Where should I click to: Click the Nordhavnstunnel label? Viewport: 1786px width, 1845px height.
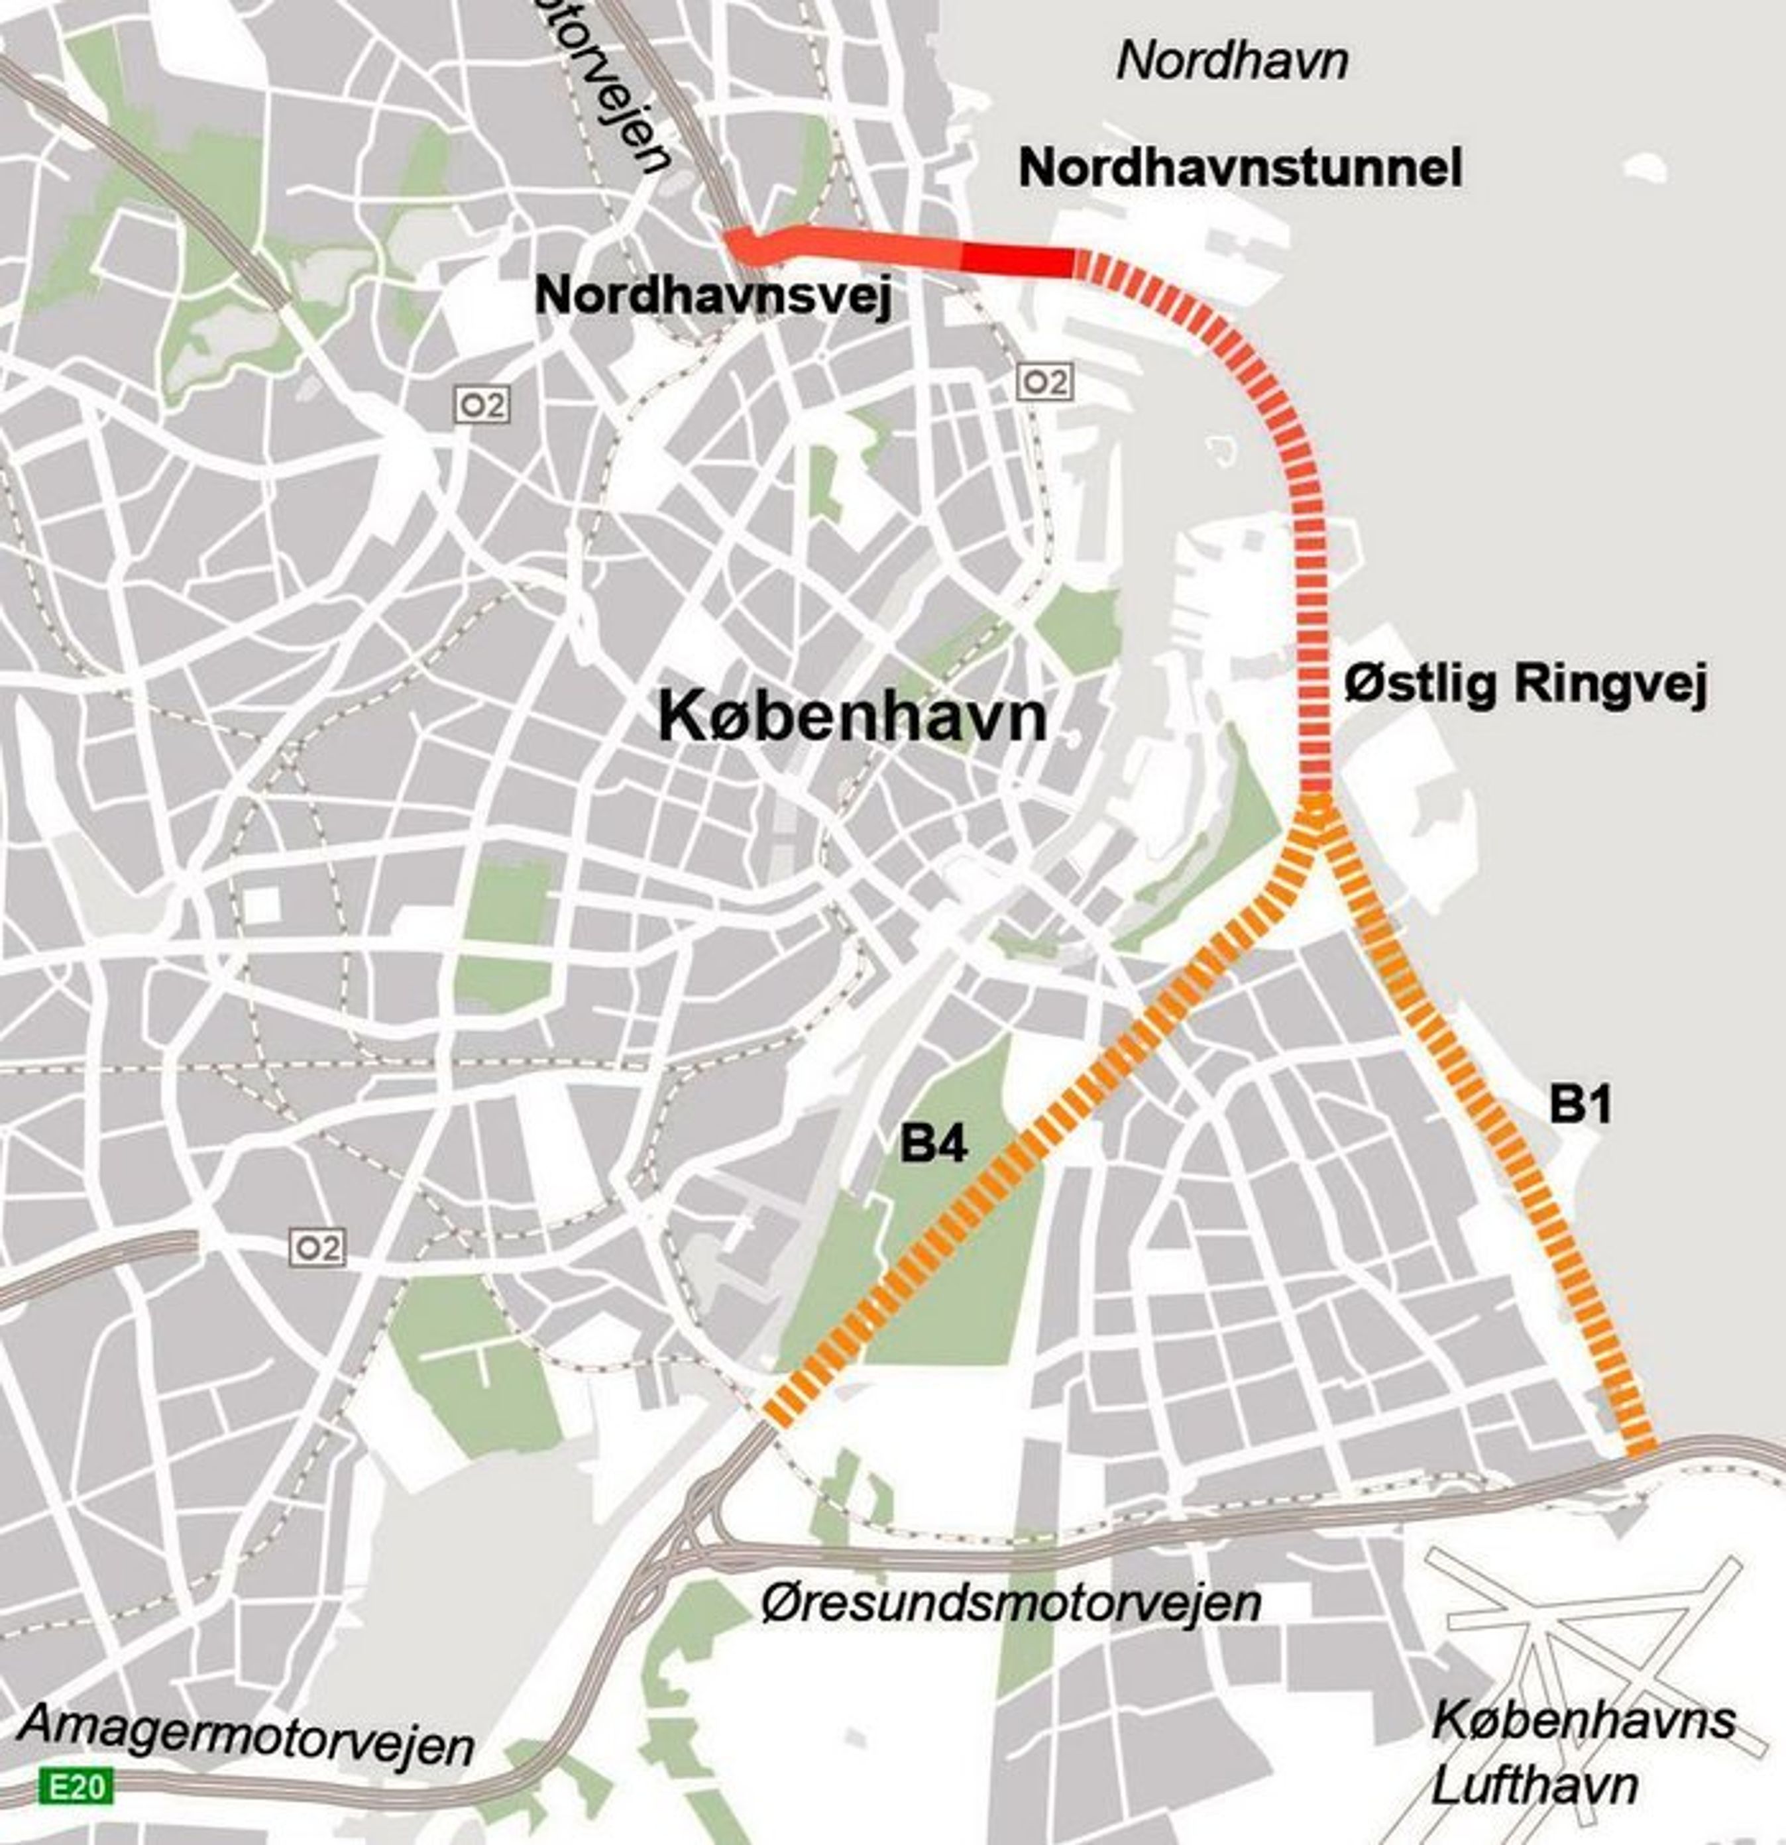tap(1240, 168)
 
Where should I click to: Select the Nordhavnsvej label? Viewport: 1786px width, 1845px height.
tap(712, 298)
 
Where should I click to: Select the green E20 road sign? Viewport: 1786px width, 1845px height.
tap(76, 1786)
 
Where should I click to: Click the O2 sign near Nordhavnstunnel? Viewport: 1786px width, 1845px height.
tap(1045, 382)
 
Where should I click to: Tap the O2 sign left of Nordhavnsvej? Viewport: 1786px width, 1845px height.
tap(483, 406)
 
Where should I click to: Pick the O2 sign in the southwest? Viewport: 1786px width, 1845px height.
tap(317, 1248)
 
